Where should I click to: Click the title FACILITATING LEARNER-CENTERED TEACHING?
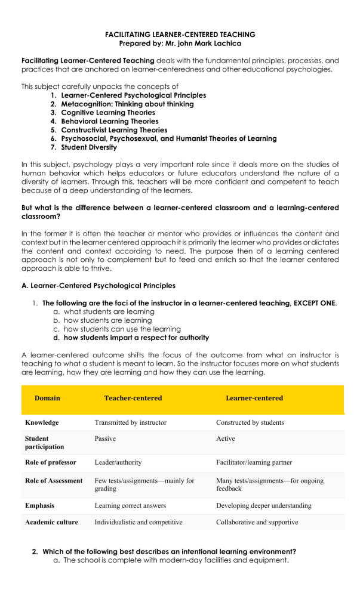(x=180, y=35)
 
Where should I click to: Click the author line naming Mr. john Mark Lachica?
(x=180, y=44)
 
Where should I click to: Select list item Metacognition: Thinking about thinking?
(x=127, y=104)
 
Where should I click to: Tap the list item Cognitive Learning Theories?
(x=107, y=112)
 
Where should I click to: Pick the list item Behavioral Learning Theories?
(x=109, y=121)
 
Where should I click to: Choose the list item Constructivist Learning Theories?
(x=114, y=129)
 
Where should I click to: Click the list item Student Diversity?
(x=89, y=147)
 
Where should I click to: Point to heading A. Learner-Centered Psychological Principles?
(x=99, y=286)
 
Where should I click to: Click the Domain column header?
(x=47, y=398)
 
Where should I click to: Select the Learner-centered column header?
(x=254, y=398)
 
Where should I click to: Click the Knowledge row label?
(x=42, y=422)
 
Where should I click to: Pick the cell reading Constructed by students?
(x=250, y=422)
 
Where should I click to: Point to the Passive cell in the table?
(x=105, y=438)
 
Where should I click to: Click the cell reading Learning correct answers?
(x=131, y=505)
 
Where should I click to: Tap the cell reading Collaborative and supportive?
(x=257, y=522)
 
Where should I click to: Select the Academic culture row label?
(x=51, y=522)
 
